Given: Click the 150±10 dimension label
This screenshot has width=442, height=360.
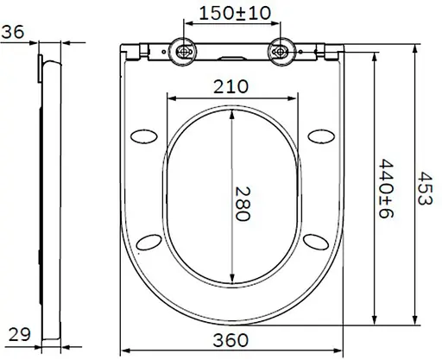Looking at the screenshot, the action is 235,14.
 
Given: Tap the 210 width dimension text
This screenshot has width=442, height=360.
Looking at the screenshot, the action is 230,86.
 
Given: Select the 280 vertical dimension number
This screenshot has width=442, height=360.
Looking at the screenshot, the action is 243,204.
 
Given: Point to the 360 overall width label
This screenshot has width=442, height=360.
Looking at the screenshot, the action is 230,340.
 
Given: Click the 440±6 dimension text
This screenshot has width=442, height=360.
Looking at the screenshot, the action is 386,188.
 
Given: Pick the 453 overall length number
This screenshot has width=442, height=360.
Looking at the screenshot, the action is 425,188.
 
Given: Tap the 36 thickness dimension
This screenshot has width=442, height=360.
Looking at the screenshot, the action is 13,32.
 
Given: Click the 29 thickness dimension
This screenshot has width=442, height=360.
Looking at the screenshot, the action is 20,334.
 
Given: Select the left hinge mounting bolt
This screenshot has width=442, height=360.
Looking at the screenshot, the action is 183,52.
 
